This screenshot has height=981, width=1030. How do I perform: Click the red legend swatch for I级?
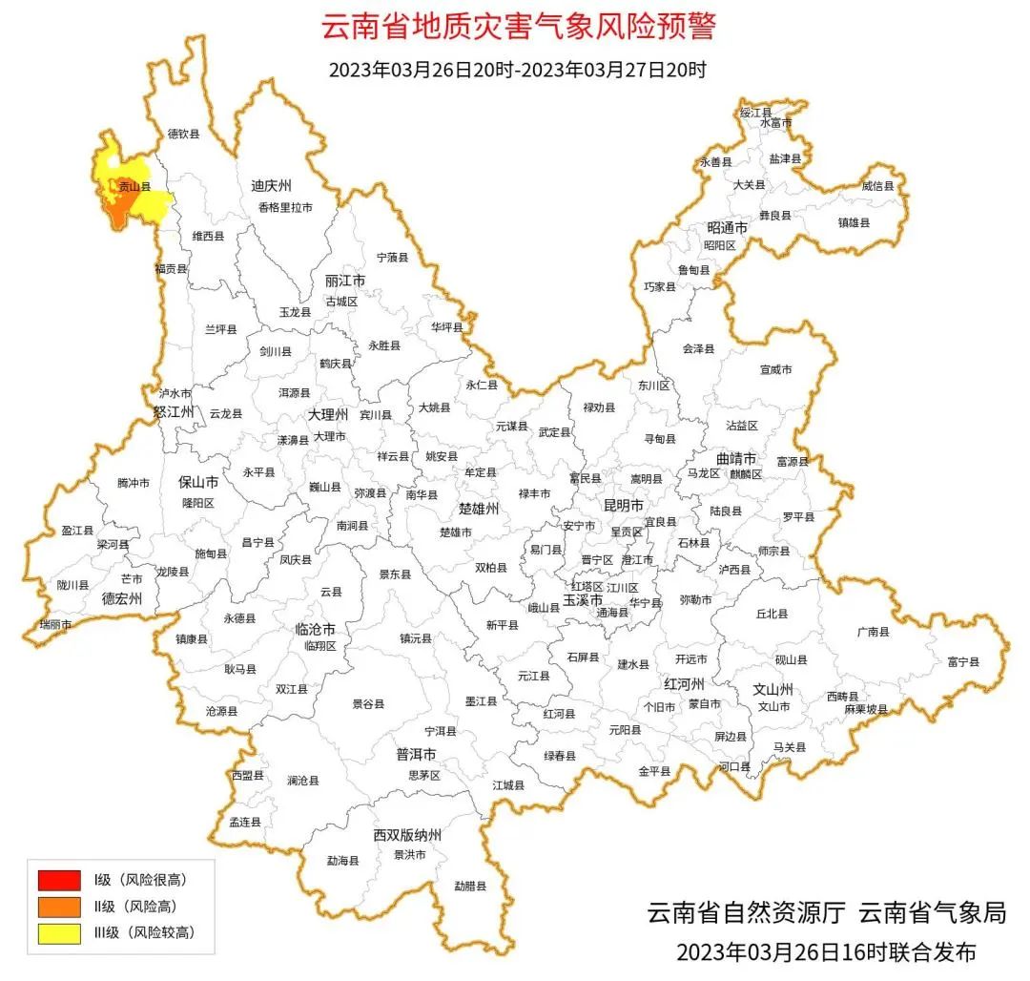[x=59, y=879]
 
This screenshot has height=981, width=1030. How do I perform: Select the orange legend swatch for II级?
[x=59, y=906]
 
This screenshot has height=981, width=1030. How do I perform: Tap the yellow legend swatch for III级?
[x=59, y=932]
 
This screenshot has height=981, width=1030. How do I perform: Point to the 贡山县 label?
[x=134, y=187]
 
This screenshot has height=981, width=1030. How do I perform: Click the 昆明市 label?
[x=623, y=505]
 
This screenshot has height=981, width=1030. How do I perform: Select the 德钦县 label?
[x=184, y=135]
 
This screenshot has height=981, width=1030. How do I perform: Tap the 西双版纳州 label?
[x=407, y=835]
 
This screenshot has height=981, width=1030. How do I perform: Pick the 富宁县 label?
[x=963, y=661]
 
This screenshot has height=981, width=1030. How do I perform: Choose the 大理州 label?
[x=328, y=415]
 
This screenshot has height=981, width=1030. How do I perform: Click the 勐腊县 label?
[x=469, y=886]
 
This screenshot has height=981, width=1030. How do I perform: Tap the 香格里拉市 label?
[x=284, y=207]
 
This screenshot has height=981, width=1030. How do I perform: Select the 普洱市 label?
[x=416, y=754]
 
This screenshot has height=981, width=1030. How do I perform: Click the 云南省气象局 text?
[x=932, y=912]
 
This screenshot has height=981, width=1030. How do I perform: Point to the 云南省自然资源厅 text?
[x=746, y=912]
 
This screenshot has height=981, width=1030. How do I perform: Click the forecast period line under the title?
[x=517, y=71]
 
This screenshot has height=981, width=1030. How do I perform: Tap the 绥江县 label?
[x=755, y=113]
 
